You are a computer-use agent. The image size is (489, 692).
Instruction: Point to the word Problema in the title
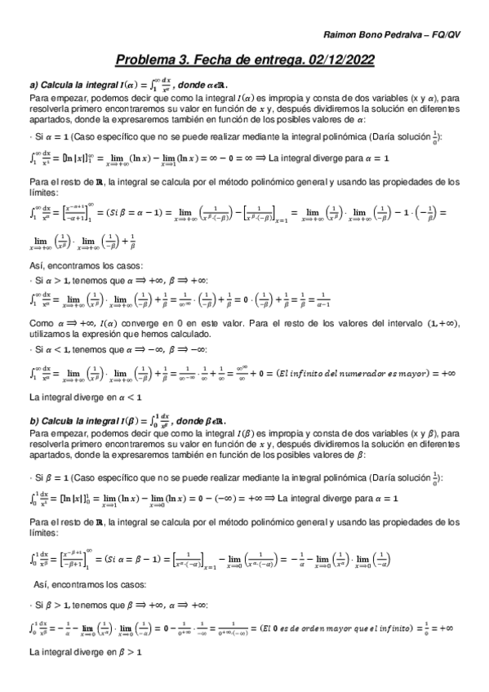pyautogui.click(x=148, y=60)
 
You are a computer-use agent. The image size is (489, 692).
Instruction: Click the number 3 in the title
pyautogui.click(x=189, y=60)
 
